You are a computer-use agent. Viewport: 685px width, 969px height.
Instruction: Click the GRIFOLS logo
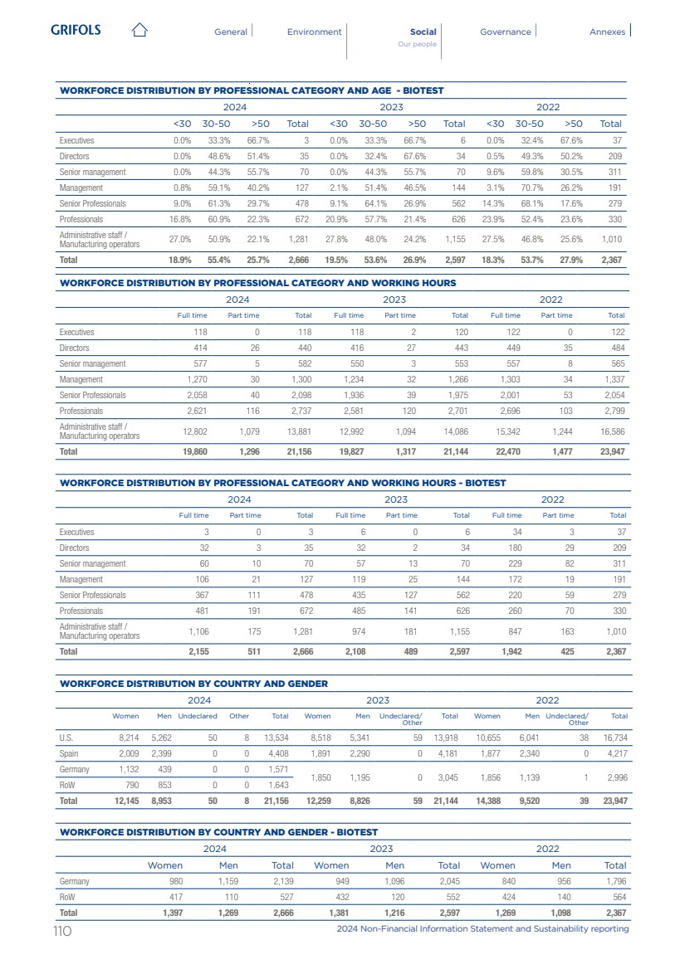tap(76, 31)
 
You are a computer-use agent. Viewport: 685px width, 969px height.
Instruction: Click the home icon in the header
tap(139, 32)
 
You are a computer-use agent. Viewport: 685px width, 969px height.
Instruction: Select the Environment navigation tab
tap(314, 32)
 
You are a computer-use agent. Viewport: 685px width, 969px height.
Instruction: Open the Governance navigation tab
tap(505, 32)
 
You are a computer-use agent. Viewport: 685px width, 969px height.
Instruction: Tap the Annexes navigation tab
tap(607, 32)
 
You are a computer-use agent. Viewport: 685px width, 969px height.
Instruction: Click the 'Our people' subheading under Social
tap(417, 44)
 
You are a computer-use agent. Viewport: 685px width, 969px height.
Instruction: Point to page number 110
tap(62, 930)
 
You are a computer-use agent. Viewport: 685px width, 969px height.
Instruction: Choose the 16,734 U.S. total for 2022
tap(614, 736)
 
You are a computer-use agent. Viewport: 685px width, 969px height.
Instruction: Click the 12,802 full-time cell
tap(191, 431)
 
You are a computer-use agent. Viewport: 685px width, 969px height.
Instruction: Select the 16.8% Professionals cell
tap(179, 219)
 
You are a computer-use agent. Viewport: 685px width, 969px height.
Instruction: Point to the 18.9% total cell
tap(179, 260)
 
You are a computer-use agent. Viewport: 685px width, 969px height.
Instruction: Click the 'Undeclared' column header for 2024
tap(198, 715)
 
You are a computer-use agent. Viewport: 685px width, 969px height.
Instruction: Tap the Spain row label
tap(68, 754)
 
